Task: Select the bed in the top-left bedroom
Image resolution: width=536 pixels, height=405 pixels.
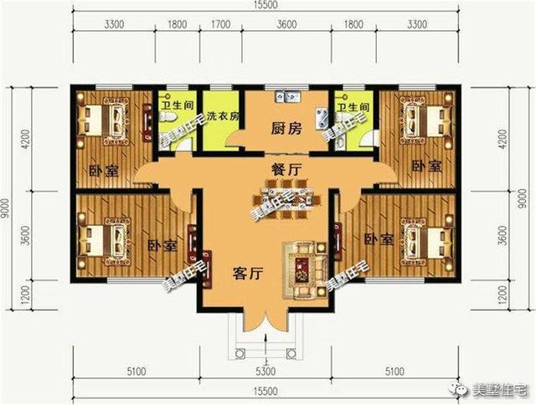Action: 104,120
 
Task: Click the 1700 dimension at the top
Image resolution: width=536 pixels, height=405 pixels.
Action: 220,25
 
